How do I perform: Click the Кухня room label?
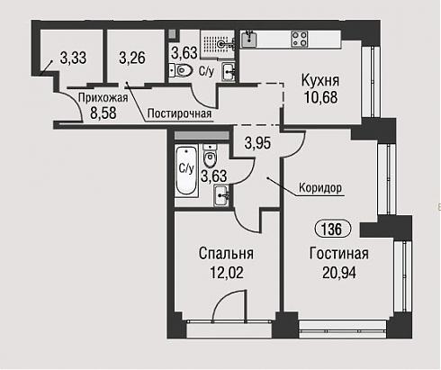[x=320, y=80]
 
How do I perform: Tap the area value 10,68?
[x=320, y=97]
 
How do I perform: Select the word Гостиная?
[x=339, y=254]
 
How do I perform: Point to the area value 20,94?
[x=339, y=273]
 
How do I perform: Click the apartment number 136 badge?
[x=332, y=230]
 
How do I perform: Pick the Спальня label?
[x=226, y=254]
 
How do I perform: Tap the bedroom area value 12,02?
[x=227, y=273]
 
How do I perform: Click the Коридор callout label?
[x=320, y=188]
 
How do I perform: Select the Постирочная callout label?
[x=179, y=113]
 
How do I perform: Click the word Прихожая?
[x=103, y=98]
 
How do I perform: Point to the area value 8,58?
[x=103, y=113]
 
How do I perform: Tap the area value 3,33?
[x=73, y=58]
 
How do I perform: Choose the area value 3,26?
[x=132, y=58]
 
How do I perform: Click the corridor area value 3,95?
[x=257, y=143]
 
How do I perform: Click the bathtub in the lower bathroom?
[x=186, y=170]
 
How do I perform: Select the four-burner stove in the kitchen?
[x=300, y=40]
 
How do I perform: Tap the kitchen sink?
[x=249, y=40]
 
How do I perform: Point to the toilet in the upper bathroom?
[x=182, y=70]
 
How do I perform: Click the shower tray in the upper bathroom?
[x=218, y=44]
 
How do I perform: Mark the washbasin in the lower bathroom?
[x=221, y=195]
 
